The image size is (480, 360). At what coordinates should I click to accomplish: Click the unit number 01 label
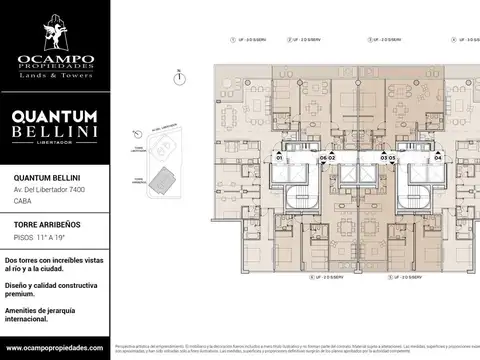click(280, 158)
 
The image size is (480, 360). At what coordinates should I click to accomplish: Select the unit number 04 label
click(437, 158)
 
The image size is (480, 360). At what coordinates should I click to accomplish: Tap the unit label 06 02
click(327, 158)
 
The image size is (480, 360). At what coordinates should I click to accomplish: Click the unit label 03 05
click(389, 158)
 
